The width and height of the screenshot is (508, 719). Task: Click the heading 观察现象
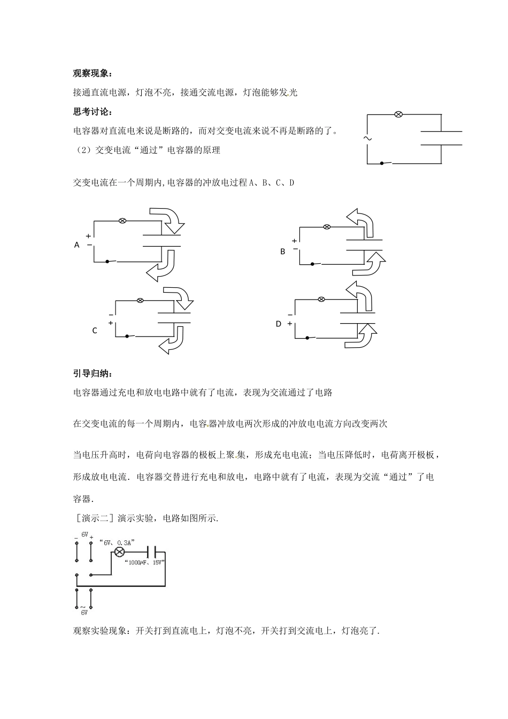click(x=93, y=74)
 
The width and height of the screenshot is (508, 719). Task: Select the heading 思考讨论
click(x=93, y=111)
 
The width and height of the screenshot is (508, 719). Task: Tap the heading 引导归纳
click(x=93, y=373)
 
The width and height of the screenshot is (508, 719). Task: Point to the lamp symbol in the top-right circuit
click(x=398, y=114)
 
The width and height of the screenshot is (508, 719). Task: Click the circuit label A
click(x=76, y=245)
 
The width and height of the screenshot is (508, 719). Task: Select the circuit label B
click(x=283, y=251)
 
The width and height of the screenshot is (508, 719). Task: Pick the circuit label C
click(x=95, y=331)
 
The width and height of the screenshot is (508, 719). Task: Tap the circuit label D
click(x=278, y=324)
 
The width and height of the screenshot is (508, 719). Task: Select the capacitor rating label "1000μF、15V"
click(x=144, y=562)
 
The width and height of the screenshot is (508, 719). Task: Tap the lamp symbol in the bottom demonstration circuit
click(x=120, y=552)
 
